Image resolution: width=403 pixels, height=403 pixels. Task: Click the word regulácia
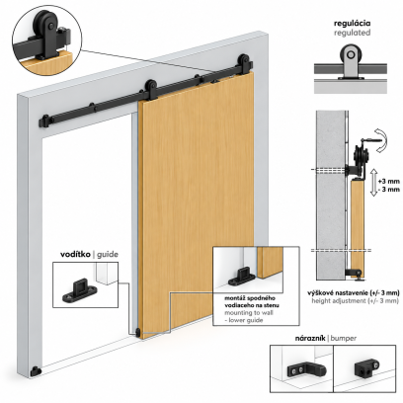pyautogui.click(x=352, y=24)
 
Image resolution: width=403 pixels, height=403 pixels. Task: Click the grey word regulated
pyautogui.click(x=352, y=33)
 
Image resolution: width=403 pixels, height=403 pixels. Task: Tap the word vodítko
pyautogui.click(x=75, y=255)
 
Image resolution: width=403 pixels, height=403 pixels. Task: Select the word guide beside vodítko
pyautogui.click(x=108, y=255)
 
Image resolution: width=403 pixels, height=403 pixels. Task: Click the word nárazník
pyautogui.click(x=309, y=338)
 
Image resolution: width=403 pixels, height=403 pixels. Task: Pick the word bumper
pyautogui.click(x=344, y=339)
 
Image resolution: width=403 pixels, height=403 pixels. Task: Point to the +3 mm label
pyautogui.click(x=389, y=182)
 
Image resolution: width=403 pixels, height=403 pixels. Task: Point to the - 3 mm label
pyautogui.click(x=389, y=190)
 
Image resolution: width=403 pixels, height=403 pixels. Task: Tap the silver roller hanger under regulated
pyautogui.click(x=351, y=62)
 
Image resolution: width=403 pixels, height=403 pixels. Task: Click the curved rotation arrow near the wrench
pyautogui.click(x=382, y=141)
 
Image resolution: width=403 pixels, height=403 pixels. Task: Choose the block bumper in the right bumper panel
pyautogui.click(x=366, y=369)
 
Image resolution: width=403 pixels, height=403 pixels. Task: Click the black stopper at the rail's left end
pyautogui.click(x=44, y=121)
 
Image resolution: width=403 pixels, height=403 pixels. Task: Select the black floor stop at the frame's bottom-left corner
pyautogui.click(x=36, y=371)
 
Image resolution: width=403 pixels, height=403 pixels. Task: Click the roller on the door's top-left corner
pyautogui.click(x=150, y=90)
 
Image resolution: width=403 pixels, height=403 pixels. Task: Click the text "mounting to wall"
pyautogui.click(x=249, y=313)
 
